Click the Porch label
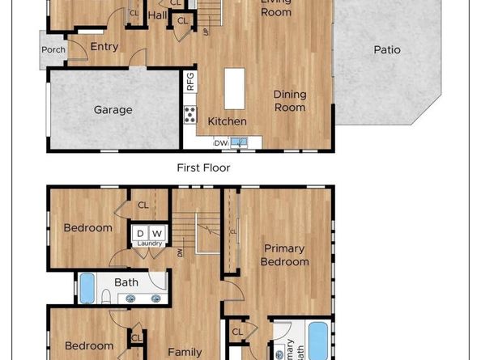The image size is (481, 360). click(x=53, y=50)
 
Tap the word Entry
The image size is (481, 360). click(x=104, y=47)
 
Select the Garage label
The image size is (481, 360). click(x=113, y=110)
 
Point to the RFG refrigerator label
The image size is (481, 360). click(x=190, y=82)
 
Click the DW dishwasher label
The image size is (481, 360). click(x=220, y=143)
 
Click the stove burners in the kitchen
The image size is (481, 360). click(x=190, y=114)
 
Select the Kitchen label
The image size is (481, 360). click(x=227, y=121)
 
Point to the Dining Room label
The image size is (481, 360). click(x=289, y=101)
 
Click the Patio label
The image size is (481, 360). click(x=387, y=50)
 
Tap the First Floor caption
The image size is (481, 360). click(x=203, y=168)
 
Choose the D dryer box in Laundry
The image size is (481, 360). click(x=139, y=234)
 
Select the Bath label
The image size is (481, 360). click(x=126, y=282)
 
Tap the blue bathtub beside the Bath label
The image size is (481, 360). click(x=87, y=286)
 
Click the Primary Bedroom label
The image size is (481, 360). click(x=286, y=256)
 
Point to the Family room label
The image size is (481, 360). click(x=185, y=352)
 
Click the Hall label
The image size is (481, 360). click(x=157, y=15)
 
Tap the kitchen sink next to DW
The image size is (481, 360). click(x=238, y=142)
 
